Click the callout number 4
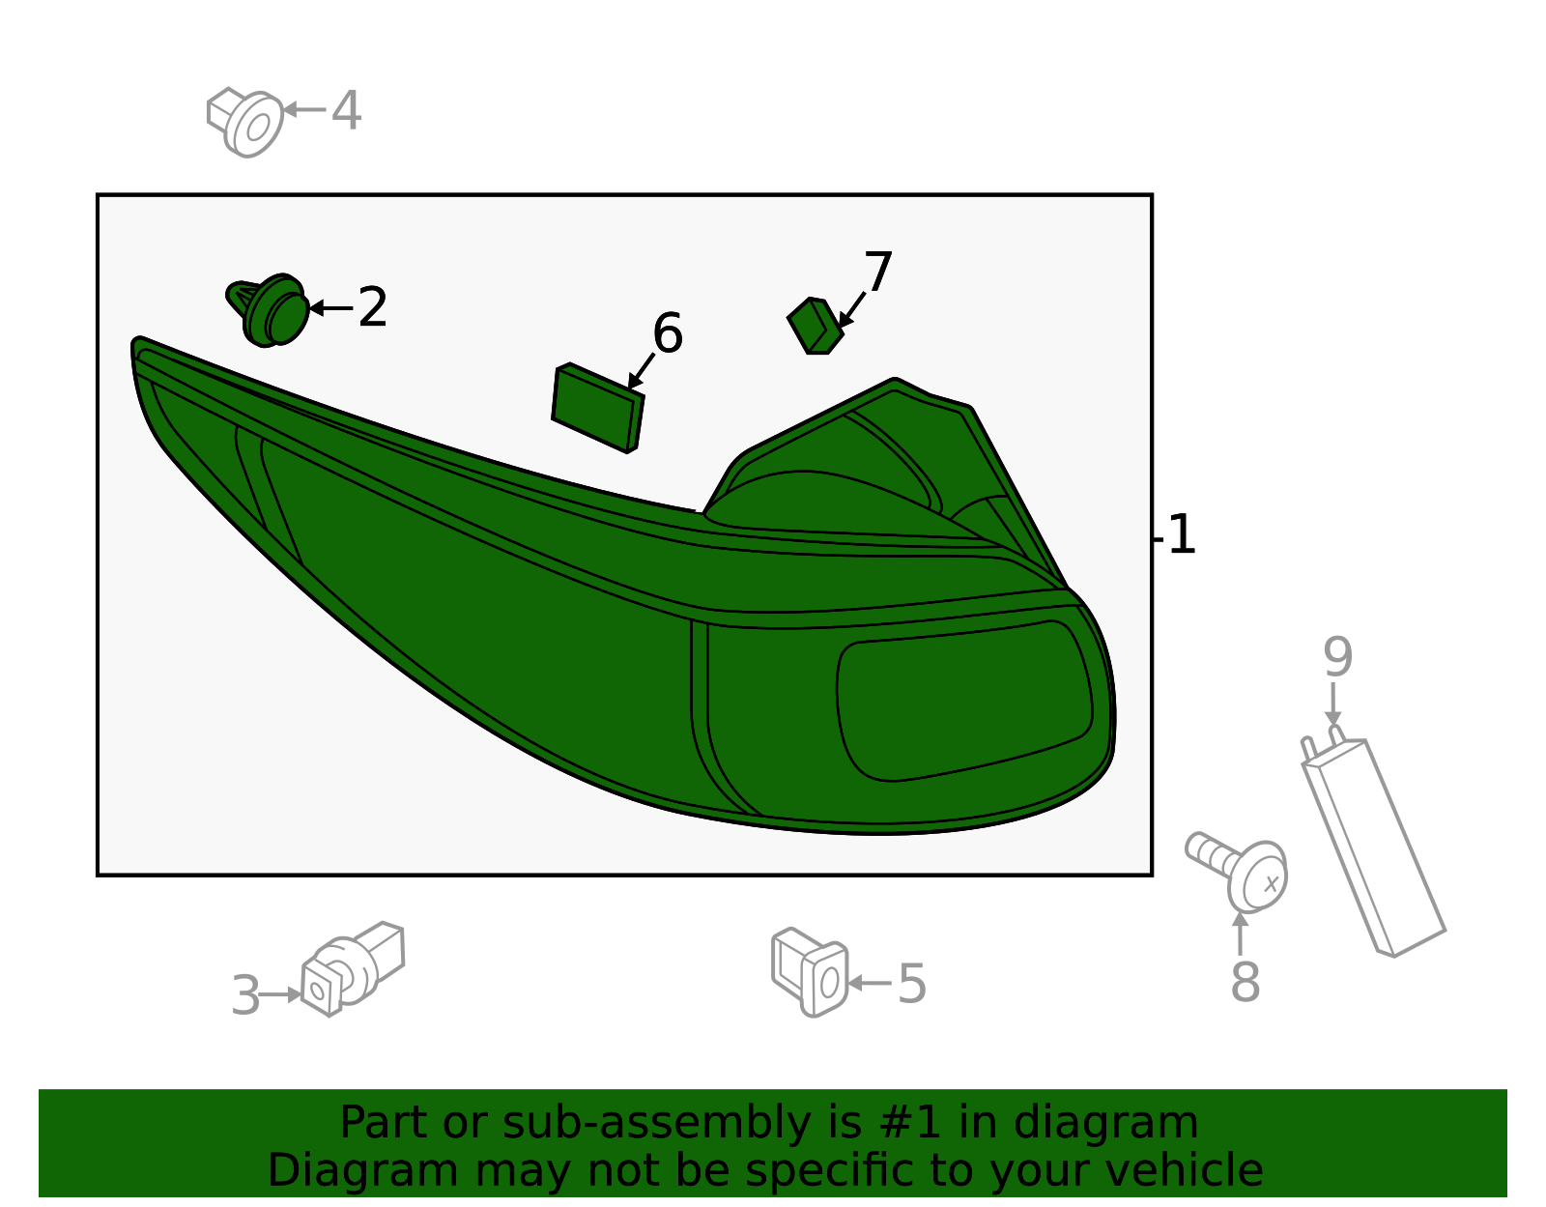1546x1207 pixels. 347,110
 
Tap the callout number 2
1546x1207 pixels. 372,307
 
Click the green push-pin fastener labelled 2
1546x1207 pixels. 269,311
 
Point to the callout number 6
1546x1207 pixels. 668,332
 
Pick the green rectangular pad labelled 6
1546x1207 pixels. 597,408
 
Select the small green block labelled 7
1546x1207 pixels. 815,326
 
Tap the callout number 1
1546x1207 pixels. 1182,534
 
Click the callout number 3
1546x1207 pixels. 245,995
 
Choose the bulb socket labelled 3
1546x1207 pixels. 353,968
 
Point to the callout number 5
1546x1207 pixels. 911,985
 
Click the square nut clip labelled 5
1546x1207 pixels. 810,972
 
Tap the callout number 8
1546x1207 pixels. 1245,983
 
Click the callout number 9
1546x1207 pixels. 1337,658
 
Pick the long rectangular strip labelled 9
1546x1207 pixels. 1373,842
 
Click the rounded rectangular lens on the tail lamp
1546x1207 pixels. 964,701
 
